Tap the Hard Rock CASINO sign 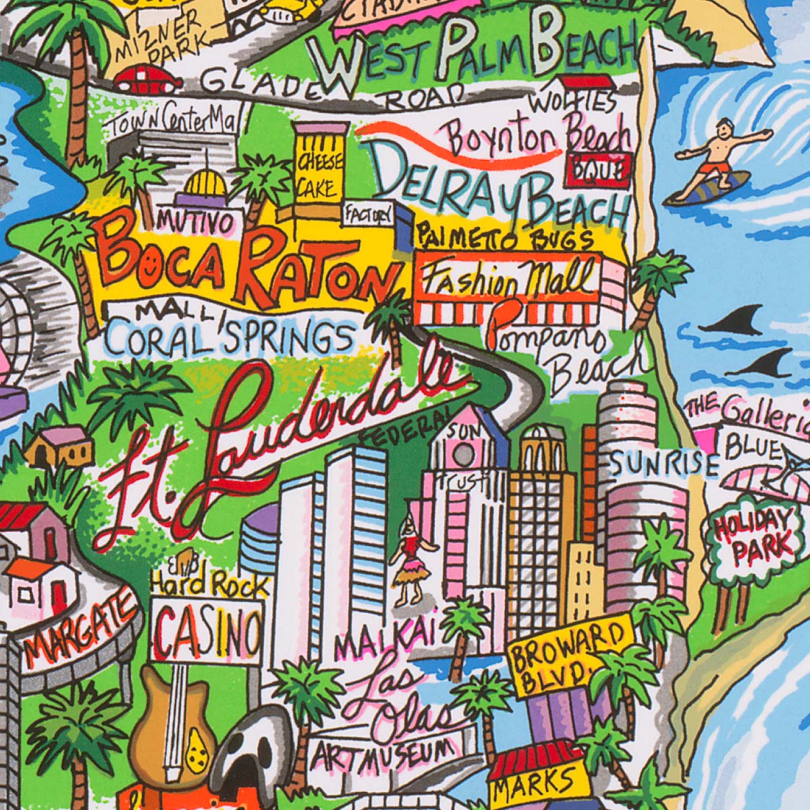207,628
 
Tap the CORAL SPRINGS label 230,337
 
